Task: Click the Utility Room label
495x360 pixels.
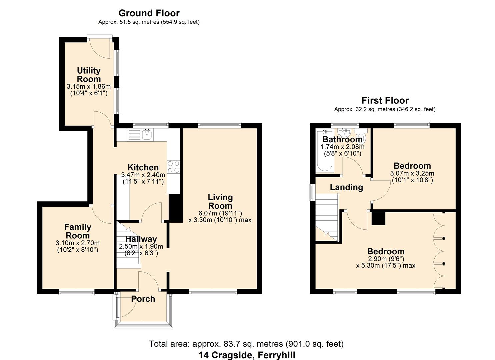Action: [x=89, y=75]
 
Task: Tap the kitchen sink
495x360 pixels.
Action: [x=147, y=134]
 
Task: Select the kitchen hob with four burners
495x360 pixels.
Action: [x=173, y=167]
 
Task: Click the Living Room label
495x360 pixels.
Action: [x=220, y=201]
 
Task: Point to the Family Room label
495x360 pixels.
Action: [x=77, y=231]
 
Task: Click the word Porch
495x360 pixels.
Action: [x=143, y=299]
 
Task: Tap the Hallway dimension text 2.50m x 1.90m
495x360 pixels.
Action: [x=141, y=247]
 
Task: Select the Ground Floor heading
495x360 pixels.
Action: [x=149, y=13]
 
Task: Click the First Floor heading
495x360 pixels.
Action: [x=385, y=100]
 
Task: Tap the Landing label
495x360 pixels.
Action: [x=346, y=187]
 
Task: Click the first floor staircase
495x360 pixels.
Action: [x=327, y=217]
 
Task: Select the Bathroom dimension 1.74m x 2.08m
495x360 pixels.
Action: [x=342, y=147]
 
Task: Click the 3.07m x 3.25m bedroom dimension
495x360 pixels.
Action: [x=412, y=173]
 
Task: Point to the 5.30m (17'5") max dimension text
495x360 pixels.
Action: [x=386, y=266]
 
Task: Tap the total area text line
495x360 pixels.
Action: [x=246, y=344]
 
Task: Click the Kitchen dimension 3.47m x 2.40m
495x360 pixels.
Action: [x=143, y=175]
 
